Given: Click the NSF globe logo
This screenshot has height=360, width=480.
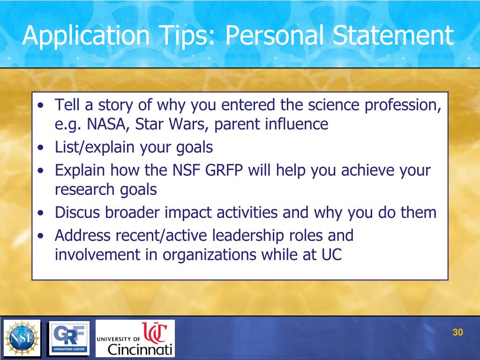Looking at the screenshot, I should [x=22, y=338].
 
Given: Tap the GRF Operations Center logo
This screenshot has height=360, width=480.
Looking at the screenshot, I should [x=69, y=338].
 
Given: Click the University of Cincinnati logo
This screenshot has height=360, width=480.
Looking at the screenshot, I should [x=135, y=338].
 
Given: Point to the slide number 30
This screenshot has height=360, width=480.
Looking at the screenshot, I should [x=457, y=333].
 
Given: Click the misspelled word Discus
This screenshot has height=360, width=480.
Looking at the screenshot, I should [x=77, y=213].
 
